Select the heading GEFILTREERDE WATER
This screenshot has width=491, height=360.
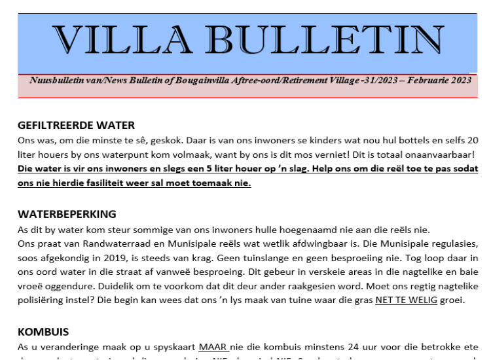pyautogui.click(x=76, y=126)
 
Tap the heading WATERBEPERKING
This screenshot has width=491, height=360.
pyautogui.click(x=67, y=214)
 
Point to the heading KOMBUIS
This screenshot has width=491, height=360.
pyautogui.click(x=43, y=332)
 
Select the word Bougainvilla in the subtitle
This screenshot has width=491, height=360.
pyautogui.click(x=196, y=81)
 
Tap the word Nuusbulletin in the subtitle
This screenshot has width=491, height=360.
pyautogui.click(x=55, y=81)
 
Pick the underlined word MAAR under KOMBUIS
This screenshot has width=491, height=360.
pyautogui.click(x=213, y=347)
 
